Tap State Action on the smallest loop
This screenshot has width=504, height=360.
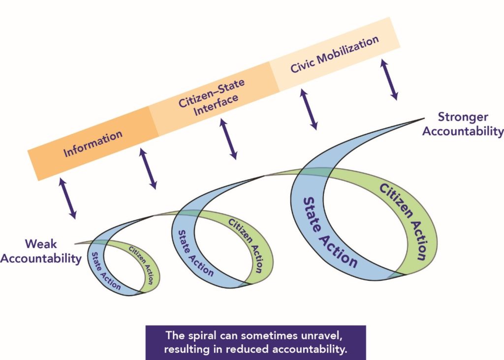click(104, 270)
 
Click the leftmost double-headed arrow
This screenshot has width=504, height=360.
click(68, 198)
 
